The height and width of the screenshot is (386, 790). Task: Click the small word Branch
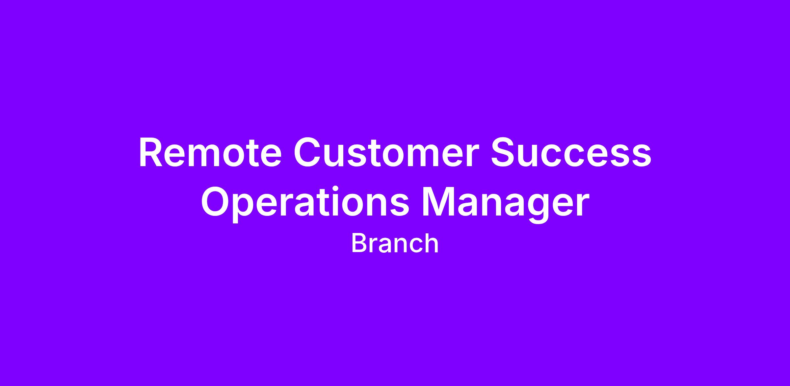click(x=395, y=244)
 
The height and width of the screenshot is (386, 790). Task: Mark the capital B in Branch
click(x=359, y=244)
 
